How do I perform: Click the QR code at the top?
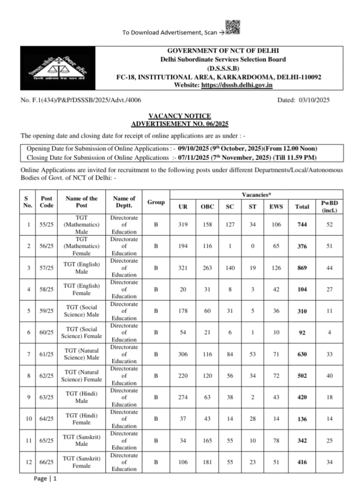(x=233, y=28)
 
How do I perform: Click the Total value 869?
(x=301, y=268)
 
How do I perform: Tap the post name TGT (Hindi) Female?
(x=82, y=419)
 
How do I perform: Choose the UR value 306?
(x=182, y=354)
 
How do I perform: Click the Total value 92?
(x=301, y=333)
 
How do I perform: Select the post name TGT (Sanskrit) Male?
(x=82, y=441)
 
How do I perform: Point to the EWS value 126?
(x=274, y=268)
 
